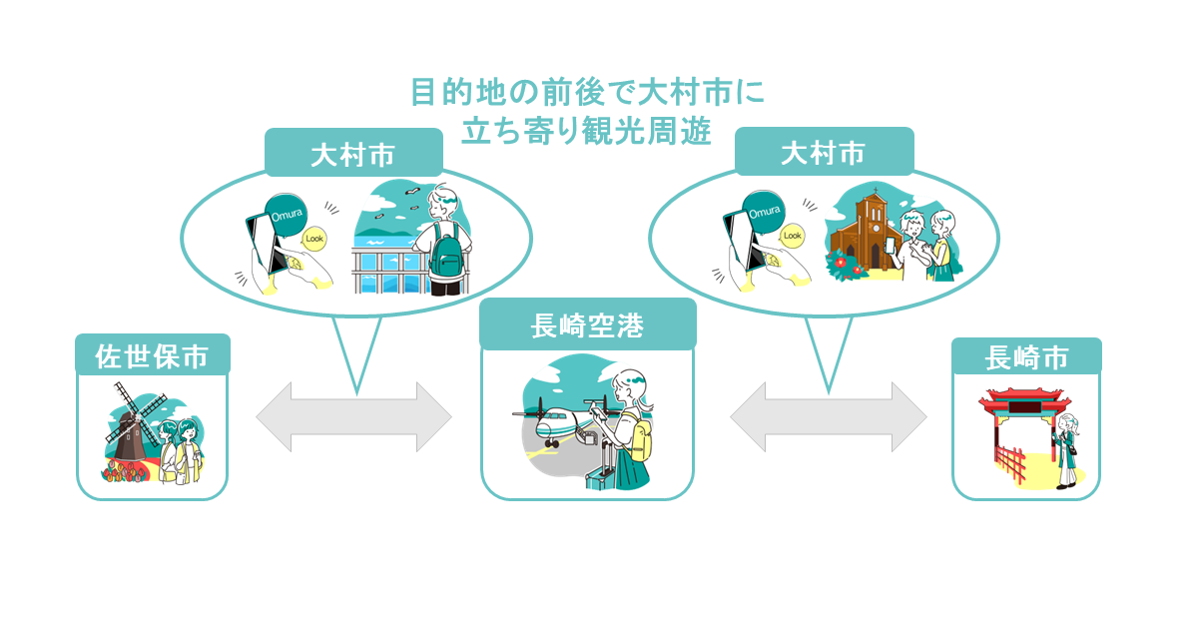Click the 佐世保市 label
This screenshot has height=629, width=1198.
(x=153, y=356)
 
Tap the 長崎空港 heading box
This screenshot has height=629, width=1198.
(x=588, y=324)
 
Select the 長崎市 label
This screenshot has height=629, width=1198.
(x=1027, y=357)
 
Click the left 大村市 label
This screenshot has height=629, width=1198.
(x=353, y=155)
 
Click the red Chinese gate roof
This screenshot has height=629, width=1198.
(x=1024, y=399)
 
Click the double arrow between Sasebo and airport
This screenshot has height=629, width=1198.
(x=354, y=416)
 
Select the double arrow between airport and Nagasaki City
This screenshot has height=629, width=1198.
(x=829, y=416)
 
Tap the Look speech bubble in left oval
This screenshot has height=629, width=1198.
(x=314, y=239)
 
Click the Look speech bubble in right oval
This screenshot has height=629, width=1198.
(x=792, y=236)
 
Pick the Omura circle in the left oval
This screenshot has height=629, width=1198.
(x=287, y=215)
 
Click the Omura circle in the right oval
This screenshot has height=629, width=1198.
(x=765, y=213)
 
